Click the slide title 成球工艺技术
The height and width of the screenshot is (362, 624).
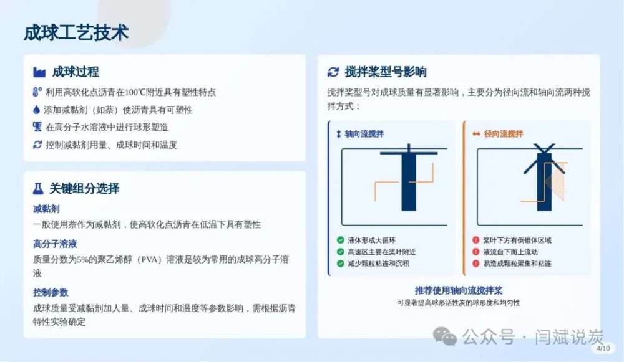click(x=76, y=32)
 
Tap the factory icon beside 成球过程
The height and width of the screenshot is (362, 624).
click(x=39, y=72)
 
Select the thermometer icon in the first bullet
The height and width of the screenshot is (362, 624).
click(x=37, y=92)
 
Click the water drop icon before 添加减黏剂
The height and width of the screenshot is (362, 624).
click(x=37, y=110)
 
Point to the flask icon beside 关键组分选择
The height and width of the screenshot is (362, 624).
click(x=38, y=188)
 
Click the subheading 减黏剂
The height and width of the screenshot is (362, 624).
click(x=46, y=209)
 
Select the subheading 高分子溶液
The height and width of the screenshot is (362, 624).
click(x=55, y=244)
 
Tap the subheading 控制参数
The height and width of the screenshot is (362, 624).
click(x=51, y=292)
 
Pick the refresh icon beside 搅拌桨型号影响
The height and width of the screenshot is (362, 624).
click(x=333, y=72)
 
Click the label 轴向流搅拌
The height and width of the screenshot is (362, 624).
click(x=364, y=134)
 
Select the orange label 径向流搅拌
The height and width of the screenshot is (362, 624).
click(x=504, y=134)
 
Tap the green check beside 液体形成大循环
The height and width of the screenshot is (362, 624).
click(x=340, y=240)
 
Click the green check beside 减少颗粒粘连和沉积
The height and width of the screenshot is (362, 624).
click(x=340, y=264)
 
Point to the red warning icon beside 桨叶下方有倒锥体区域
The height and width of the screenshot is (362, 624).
click(x=475, y=240)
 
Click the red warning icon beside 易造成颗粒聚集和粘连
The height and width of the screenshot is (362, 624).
click(x=475, y=264)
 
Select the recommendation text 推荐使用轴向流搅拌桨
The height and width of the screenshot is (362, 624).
click(x=459, y=290)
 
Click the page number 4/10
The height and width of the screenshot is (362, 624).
click(x=603, y=348)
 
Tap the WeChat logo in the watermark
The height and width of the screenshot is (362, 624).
click(x=444, y=336)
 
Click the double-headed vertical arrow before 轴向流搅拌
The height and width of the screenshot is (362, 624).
click(x=339, y=134)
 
